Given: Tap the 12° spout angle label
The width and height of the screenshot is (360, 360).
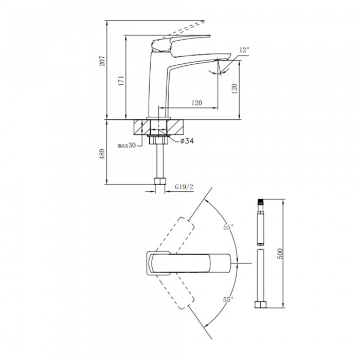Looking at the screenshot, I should coord(244,50).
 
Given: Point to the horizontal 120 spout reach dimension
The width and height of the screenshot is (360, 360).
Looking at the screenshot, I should coord(196,102).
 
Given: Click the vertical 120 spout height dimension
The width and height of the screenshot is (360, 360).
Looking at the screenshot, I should coord(235,89).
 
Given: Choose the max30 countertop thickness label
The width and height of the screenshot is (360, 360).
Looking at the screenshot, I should coord(126,146).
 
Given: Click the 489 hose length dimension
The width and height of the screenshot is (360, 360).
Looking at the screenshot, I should coord(102,153).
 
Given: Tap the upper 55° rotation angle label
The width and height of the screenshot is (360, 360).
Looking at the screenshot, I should coord(228,227).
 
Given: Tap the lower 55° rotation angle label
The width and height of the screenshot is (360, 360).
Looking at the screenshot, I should coord(228,298).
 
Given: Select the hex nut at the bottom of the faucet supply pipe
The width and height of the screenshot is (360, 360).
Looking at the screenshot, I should coord(160,181).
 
